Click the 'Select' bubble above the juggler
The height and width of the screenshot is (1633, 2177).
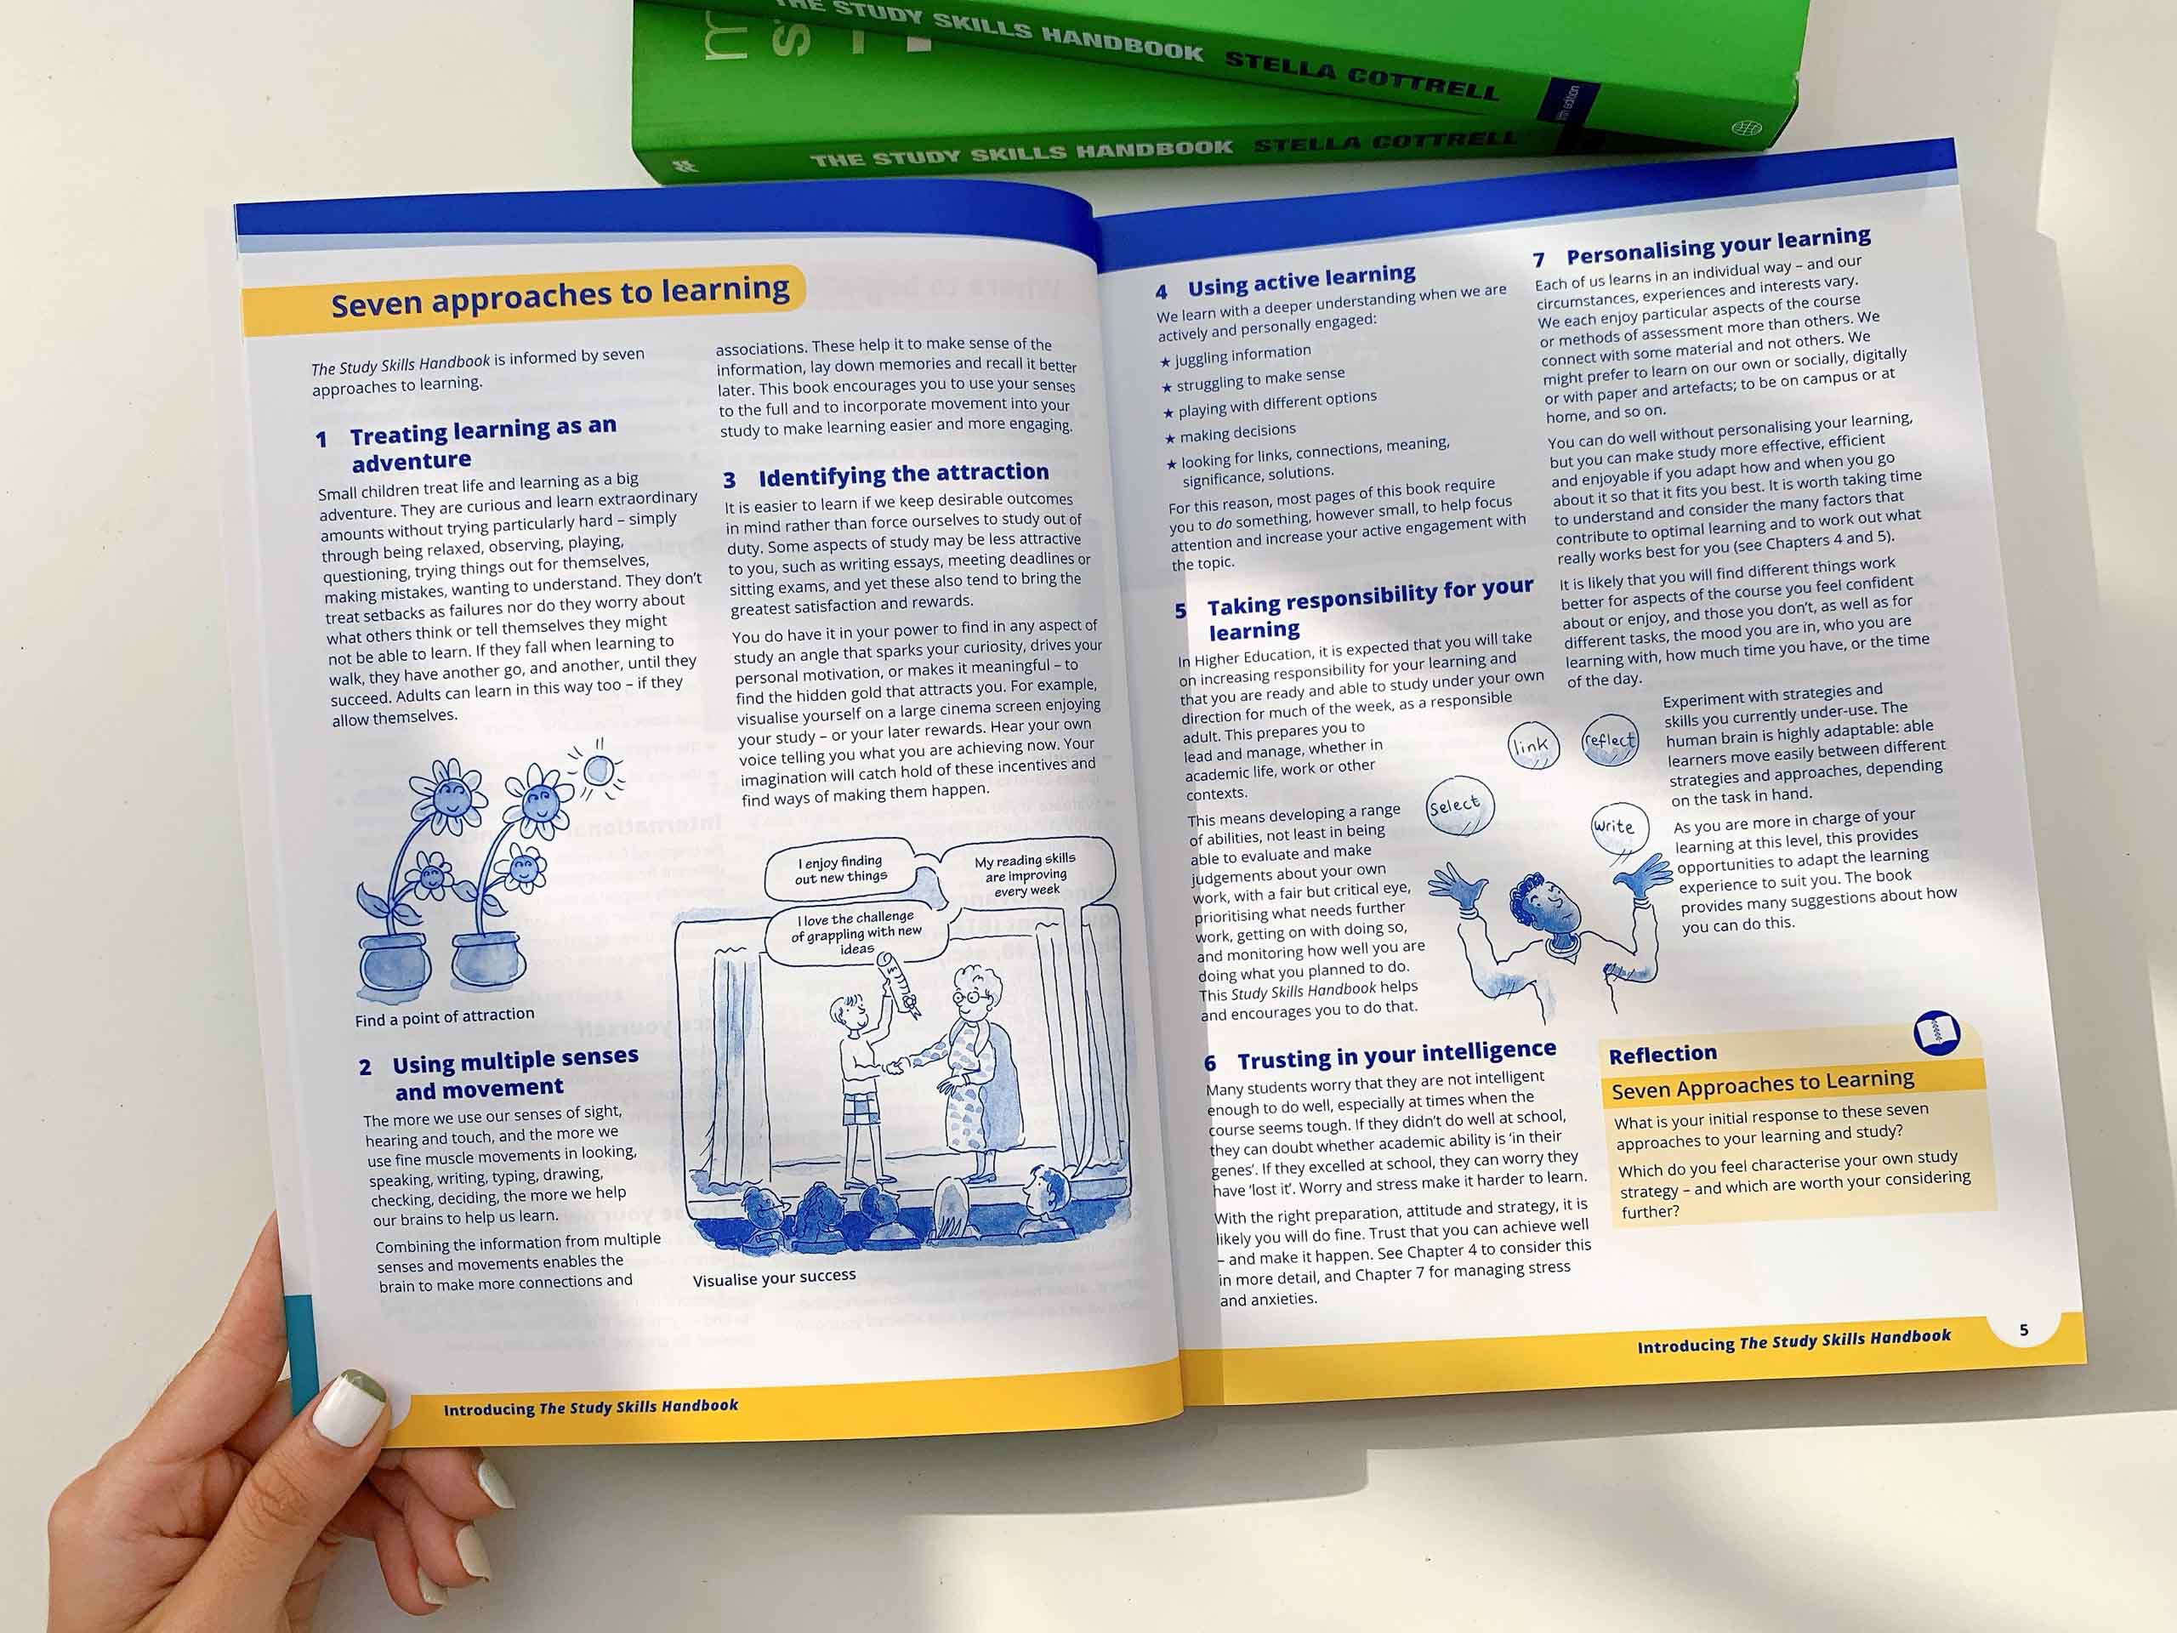point(1460,806)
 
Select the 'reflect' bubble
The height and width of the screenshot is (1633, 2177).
point(1610,740)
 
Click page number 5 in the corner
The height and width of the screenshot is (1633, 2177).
point(2023,1330)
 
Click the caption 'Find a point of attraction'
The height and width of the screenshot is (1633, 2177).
point(445,1016)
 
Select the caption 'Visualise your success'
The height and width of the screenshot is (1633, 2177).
point(775,1277)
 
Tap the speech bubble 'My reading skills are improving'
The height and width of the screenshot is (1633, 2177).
point(1027,872)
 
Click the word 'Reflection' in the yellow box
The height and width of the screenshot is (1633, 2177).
point(1663,1054)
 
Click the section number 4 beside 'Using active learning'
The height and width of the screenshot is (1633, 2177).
point(1162,292)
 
